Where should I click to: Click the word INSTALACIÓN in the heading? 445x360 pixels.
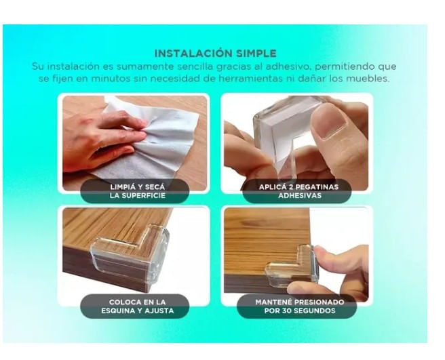click(x=190, y=54)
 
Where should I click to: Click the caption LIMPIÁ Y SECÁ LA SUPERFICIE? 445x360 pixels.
click(x=137, y=191)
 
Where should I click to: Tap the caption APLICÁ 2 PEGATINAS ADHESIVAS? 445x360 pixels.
click(x=298, y=191)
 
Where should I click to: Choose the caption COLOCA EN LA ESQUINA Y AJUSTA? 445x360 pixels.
click(x=137, y=306)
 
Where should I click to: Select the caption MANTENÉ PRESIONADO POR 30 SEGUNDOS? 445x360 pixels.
click(x=300, y=306)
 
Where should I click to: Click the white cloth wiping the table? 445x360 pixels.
click(x=159, y=142)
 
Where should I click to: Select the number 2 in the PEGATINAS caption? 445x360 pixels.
click(x=290, y=187)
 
